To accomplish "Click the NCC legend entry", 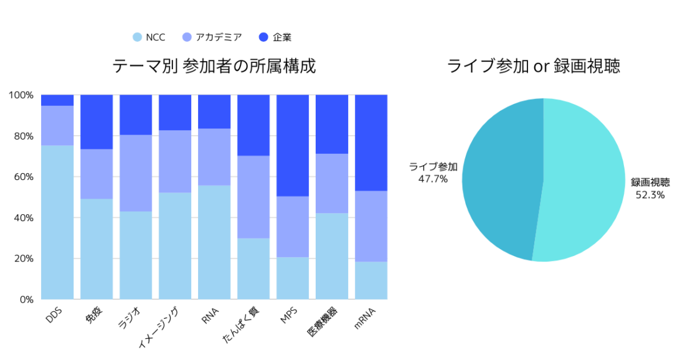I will click(149, 37).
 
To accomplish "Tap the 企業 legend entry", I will click(275, 37).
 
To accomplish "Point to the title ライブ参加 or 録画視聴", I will click(534, 66).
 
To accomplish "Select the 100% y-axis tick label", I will click(21, 95).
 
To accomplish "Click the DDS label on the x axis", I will click(54, 315).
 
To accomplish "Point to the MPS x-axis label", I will click(289, 315).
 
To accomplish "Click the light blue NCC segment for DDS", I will click(57, 222).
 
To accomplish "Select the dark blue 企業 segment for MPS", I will click(293, 145).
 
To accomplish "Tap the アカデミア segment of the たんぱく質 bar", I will click(253, 197).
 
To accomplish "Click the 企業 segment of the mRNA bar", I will click(371, 143).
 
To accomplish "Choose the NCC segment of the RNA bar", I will click(214, 242).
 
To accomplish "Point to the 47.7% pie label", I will click(433, 179).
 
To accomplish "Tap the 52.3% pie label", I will click(650, 195).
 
